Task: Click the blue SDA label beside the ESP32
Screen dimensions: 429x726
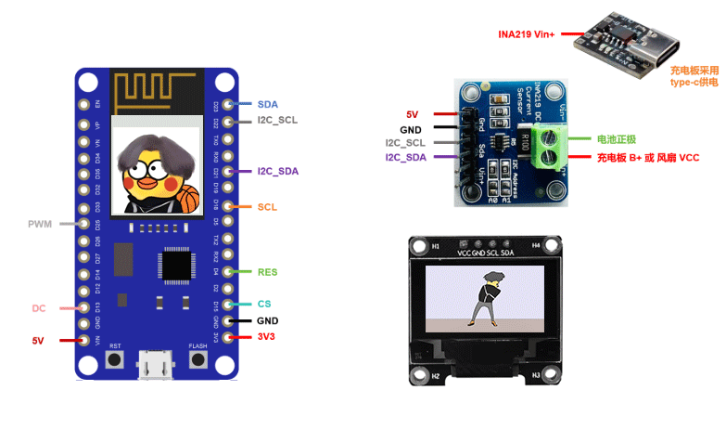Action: [x=267, y=104]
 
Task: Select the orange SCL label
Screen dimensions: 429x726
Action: [x=266, y=207]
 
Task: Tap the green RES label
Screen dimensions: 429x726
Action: [x=267, y=272]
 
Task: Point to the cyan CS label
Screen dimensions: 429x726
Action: [x=264, y=304]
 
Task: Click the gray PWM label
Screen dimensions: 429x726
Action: [x=41, y=224]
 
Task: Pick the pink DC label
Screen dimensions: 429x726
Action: [x=39, y=308]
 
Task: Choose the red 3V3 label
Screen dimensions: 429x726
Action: [x=268, y=336]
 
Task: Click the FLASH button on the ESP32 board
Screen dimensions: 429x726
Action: [x=197, y=359]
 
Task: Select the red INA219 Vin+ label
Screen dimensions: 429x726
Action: [x=525, y=35]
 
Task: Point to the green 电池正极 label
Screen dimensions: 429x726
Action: [x=615, y=138]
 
